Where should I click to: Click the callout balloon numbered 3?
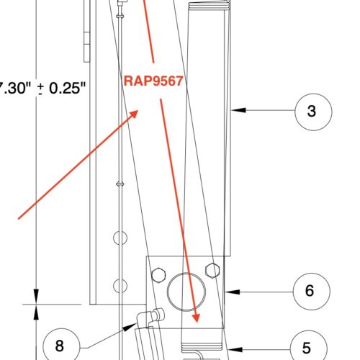[x=310, y=111]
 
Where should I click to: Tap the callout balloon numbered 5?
[x=307, y=346]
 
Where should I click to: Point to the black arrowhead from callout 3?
[x=238, y=111]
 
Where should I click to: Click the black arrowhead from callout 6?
[x=230, y=291]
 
